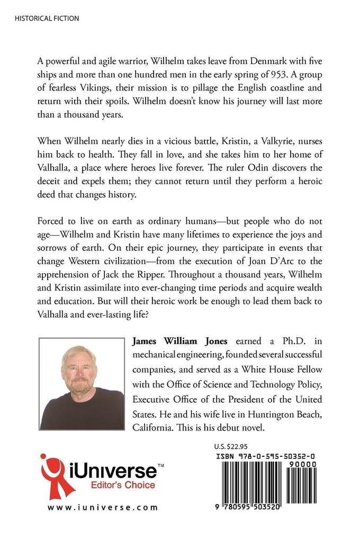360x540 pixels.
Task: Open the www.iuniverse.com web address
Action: click(103, 507)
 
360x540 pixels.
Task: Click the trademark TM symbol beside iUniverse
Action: click(161, 464)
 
